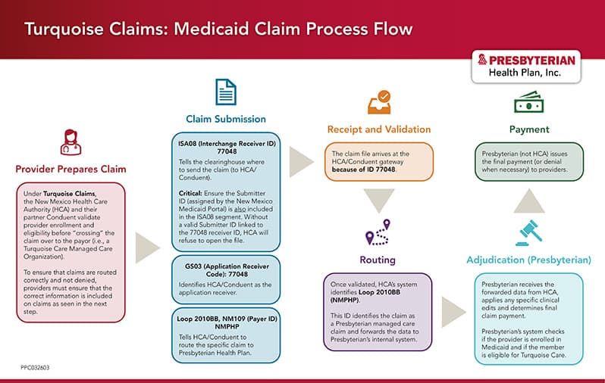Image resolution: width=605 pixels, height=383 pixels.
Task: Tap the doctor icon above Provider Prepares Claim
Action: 70,142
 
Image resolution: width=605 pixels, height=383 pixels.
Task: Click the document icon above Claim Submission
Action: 226,92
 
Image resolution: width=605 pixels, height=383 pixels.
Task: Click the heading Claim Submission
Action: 226,119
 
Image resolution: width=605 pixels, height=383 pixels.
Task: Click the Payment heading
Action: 528,129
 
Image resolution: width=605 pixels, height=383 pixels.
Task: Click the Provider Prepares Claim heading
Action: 70,168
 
